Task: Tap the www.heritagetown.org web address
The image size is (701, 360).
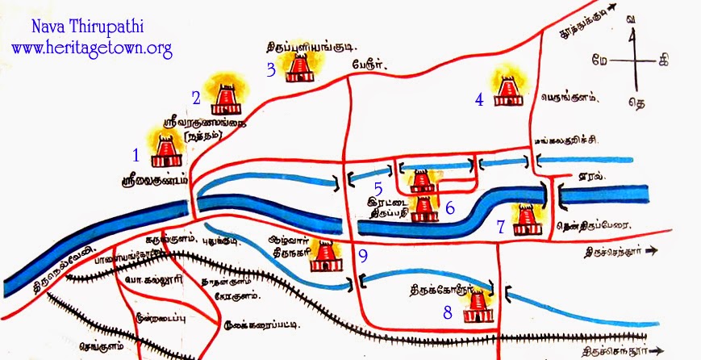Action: [x=92, y=48]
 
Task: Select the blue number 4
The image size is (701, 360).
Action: [x=479, y=100]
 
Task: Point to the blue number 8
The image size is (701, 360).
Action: [x=449, y=312]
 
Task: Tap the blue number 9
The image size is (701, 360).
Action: [x=363, y=257]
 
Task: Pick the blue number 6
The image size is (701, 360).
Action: [x=450, y=207]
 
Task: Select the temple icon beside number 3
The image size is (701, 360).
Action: [x=300, y=67]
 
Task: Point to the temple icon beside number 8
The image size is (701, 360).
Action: [x=478, y=307]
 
